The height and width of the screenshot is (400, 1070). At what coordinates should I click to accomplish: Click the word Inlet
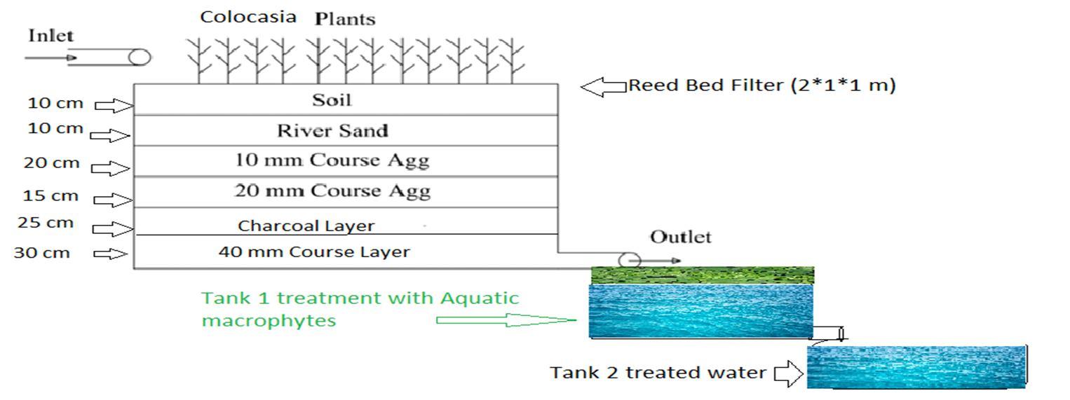50,36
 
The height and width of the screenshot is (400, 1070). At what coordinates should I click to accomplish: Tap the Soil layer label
331,100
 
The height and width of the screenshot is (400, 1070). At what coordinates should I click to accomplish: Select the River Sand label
332,131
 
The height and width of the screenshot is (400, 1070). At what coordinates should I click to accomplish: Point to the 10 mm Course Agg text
332,160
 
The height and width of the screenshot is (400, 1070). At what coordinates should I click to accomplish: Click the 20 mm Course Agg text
332,191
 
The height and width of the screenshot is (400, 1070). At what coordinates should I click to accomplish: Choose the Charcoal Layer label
306,226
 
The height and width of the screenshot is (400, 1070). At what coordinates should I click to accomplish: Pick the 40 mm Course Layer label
313,251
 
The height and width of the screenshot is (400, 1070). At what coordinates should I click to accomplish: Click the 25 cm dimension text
45,223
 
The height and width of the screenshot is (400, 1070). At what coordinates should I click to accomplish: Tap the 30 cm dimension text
42,253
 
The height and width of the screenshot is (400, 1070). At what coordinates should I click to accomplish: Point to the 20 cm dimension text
51,164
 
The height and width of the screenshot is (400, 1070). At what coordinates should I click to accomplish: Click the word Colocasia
248,17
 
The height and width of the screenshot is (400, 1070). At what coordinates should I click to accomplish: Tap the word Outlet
680,237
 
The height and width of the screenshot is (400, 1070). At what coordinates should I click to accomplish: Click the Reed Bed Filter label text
761,85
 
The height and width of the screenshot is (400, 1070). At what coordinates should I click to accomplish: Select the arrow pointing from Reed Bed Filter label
603,87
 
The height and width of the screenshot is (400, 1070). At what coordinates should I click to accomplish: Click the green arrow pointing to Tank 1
505,320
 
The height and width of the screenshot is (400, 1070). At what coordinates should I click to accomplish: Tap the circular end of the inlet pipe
140,57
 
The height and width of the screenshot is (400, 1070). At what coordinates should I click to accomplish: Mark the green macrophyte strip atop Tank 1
702,275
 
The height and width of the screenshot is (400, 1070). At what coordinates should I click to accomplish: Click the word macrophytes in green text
269,321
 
